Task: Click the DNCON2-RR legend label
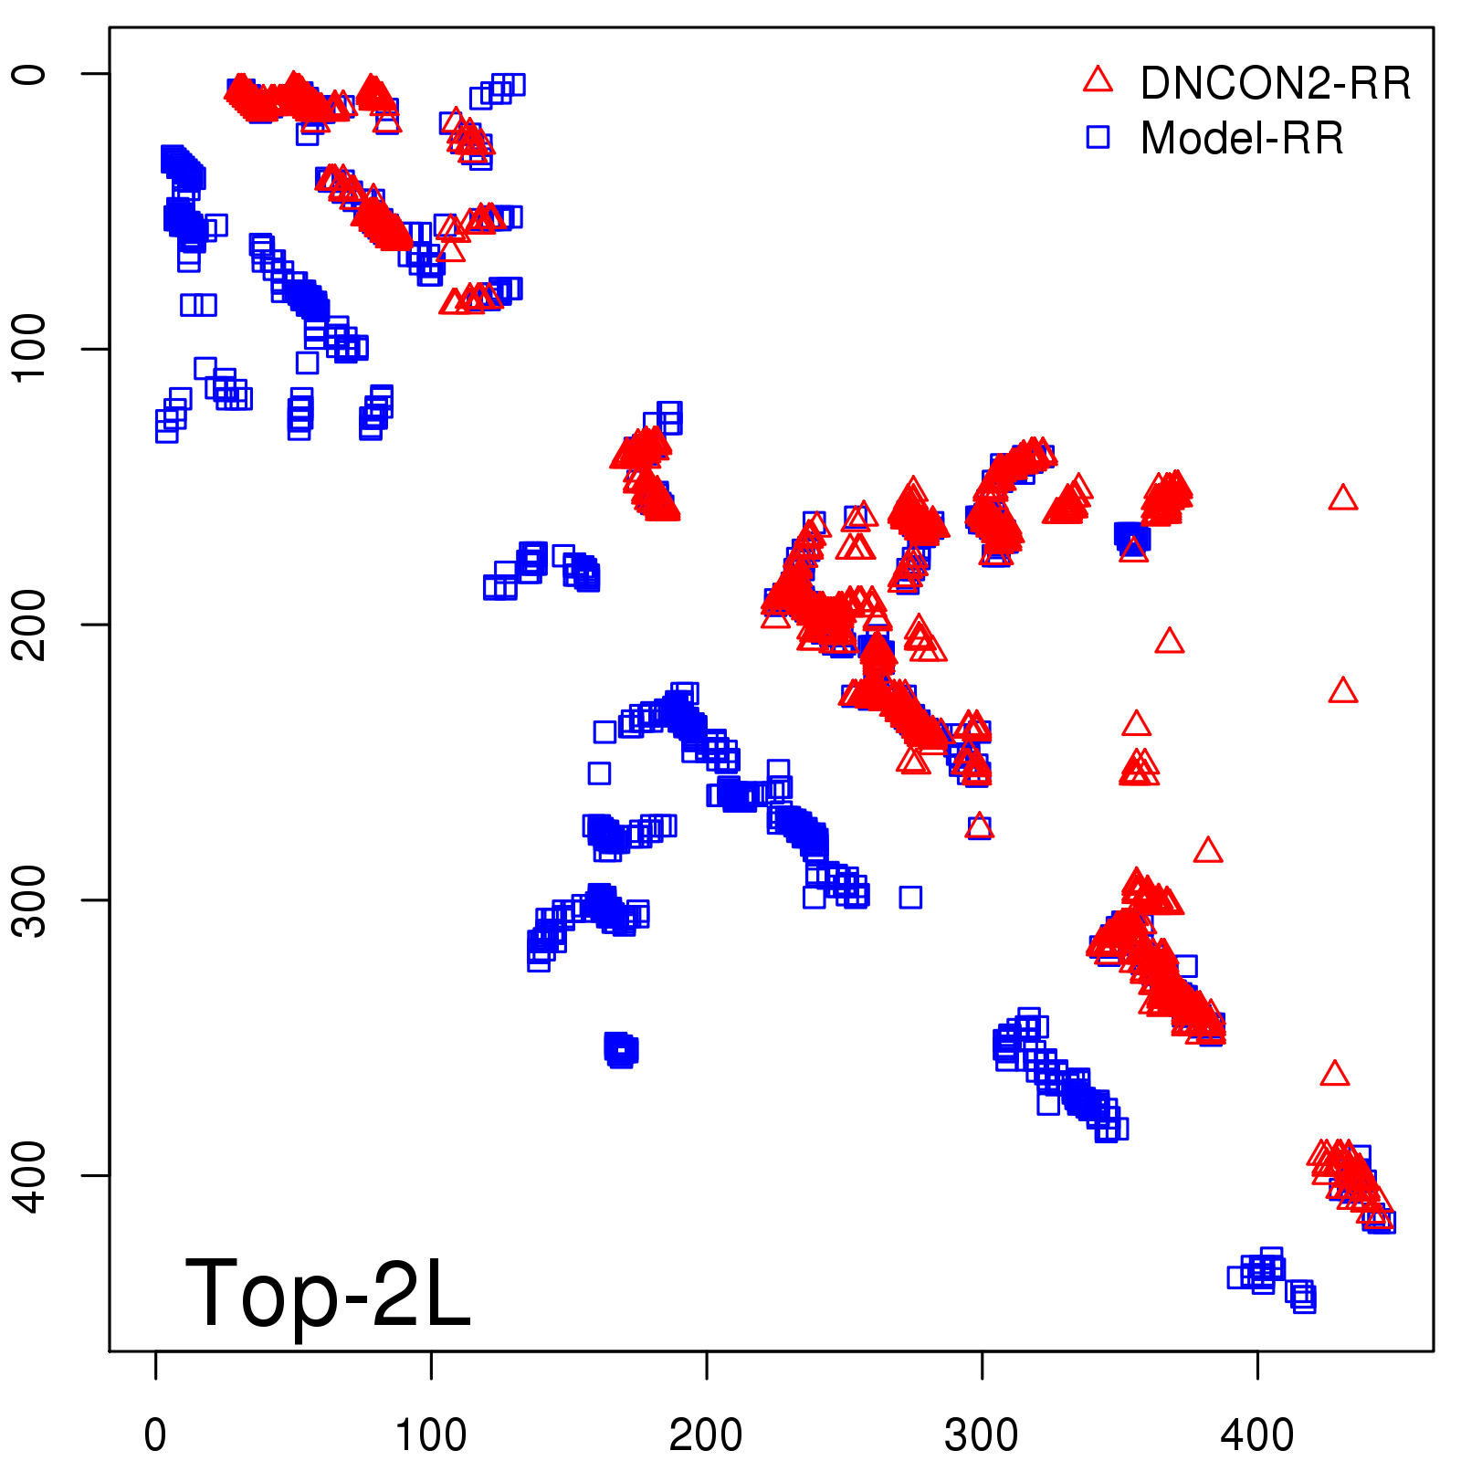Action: pos(1275,84)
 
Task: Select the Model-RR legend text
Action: pos(1242,139)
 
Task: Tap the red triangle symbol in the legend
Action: pos(1098,80)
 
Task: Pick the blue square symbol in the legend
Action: pos(1098,137)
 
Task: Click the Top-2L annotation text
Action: pos(327,1293)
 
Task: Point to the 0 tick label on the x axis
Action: pos(156,1435)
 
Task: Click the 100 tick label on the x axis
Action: pos(431,1435)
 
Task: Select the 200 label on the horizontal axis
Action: pos(706,1435)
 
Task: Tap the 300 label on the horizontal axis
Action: pos(982,1435)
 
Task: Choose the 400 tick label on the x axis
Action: pos(1257,1435)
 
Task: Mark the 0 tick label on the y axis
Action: pos(29,74)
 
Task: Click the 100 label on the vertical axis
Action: pos(29,349)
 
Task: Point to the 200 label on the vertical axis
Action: pos(29,625)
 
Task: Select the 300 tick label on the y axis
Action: pos(29,900)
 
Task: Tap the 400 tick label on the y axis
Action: pos(29,1175)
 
